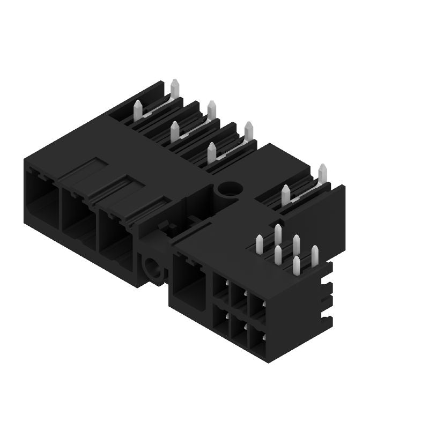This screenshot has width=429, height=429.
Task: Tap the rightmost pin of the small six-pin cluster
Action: [315, 255]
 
